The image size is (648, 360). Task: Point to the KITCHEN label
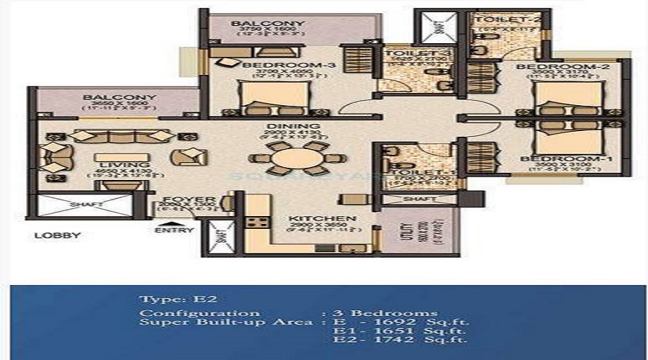pos(312,217)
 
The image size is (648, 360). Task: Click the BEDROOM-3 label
pos(271,66)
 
